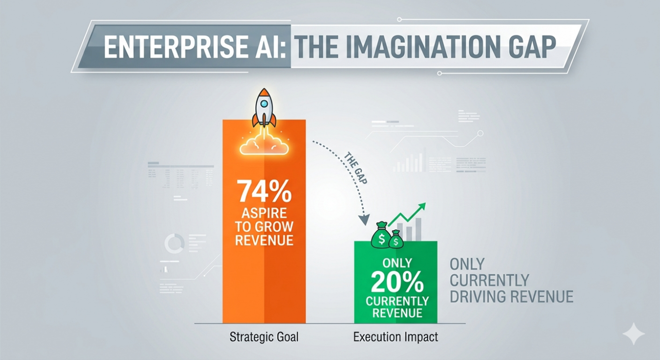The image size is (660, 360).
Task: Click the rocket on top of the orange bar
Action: pos(264,107)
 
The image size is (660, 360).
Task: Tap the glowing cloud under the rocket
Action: pos(264,144)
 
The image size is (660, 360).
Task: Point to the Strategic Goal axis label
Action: pos(264,337)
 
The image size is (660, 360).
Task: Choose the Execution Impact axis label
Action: pos(395,337)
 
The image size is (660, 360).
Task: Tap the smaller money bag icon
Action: pos(396,239)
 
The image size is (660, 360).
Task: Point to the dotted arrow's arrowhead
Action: pos(364,221)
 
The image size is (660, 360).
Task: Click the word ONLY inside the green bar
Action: pos(396,264)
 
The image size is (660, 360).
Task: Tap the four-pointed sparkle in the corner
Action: pos(633,333)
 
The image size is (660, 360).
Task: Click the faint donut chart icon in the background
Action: pos(174,244)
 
